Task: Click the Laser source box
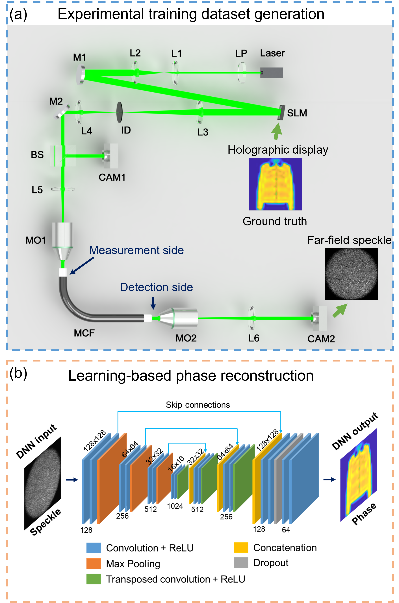[x=272, y=73]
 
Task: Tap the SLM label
[x=297, y=113]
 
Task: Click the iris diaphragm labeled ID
[x=119, y=112]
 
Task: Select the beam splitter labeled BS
[x=63, y=156]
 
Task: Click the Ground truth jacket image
[x=275, y=184]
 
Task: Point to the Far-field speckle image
[x=351, y=274]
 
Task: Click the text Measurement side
[x=136, y=250]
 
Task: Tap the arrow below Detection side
[x=153, y=303]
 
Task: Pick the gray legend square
[x=241, y=563]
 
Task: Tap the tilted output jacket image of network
[x=359, y=474]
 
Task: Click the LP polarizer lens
[x=242, y=73]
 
